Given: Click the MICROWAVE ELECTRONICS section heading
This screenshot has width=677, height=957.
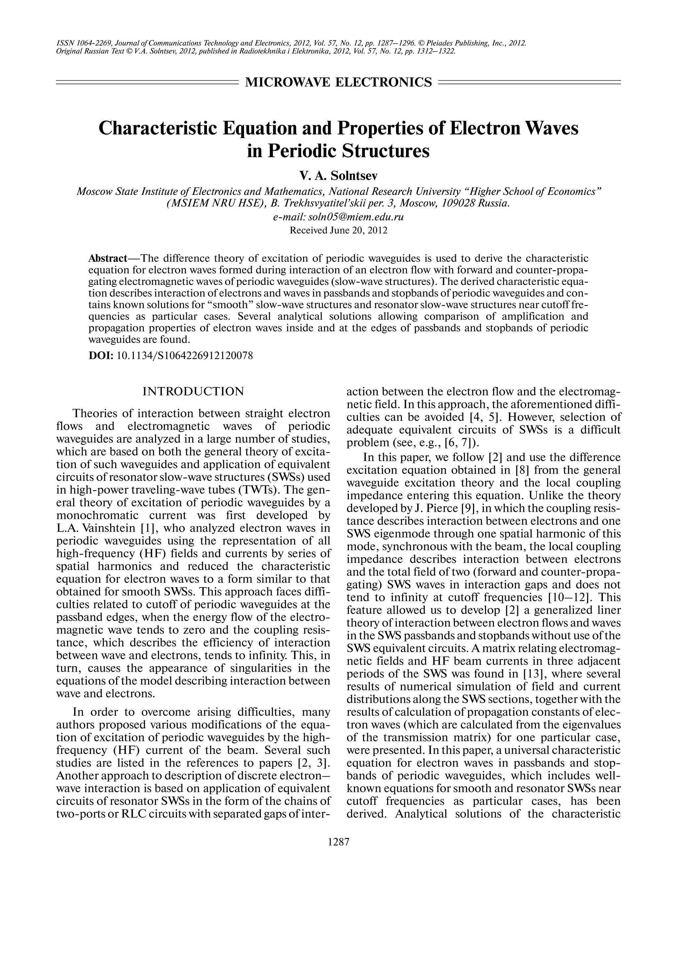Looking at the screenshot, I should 338,82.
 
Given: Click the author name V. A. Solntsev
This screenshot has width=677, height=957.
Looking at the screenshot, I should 338,176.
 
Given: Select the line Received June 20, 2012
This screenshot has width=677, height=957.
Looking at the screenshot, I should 338,230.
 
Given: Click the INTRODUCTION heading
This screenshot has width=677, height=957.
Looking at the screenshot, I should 193,392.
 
